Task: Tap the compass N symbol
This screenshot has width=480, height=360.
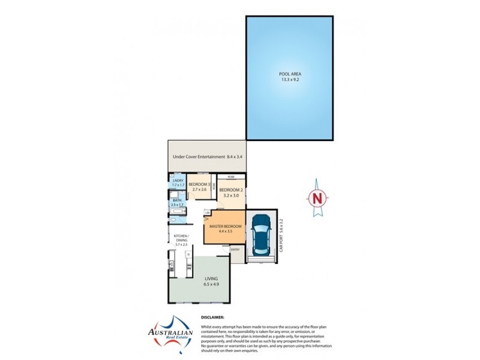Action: pos(317,197)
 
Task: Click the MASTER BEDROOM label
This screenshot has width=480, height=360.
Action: pos(225,226)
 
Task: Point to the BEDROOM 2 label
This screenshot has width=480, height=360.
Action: pos(231,190)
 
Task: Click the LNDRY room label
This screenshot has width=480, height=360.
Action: pos(178,181)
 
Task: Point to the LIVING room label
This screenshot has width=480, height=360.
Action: pos(211,278)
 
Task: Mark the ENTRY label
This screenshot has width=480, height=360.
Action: pos(235,250)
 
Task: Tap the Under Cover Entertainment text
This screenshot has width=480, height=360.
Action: pos(199,157)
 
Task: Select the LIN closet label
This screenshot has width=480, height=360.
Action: pos(207,213)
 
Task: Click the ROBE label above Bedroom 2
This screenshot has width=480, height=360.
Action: pos(230,177)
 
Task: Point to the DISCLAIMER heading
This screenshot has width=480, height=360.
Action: pos(212,317)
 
